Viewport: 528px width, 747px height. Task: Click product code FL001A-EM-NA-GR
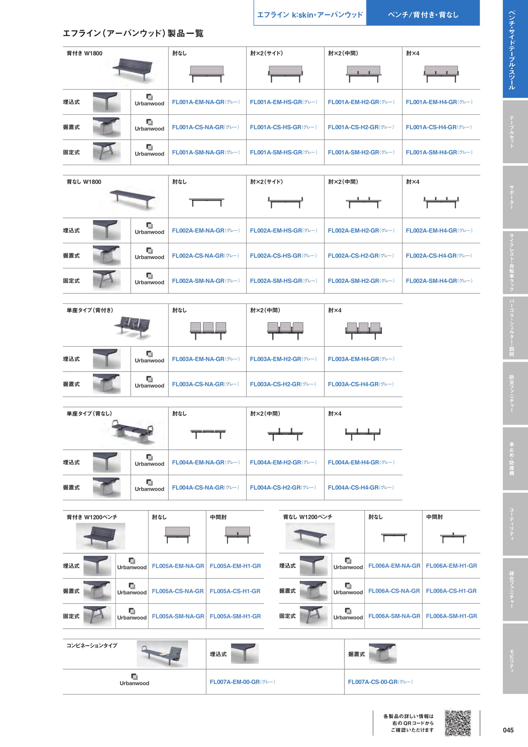pyautogui.click(x=198, y=102)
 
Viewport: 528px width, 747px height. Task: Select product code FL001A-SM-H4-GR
pyautogui.click(x=431, y=153)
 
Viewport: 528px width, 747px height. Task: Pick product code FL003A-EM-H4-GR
pyautogui.click(x=353, y=359)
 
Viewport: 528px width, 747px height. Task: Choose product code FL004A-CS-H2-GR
pyautogui.click(x=275, y=487)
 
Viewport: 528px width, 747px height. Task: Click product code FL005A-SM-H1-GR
pyautogui.click(x=235, y=616)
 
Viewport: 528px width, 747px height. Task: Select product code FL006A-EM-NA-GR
pyautogui.click(x=394, y=566)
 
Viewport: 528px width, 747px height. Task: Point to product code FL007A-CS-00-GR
pyautogui.click(x=372, y=682)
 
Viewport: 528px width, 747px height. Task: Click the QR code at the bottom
pyautogui.click(x=458, y=723)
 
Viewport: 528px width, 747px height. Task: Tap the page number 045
pyautogui.click(x=508, y=730)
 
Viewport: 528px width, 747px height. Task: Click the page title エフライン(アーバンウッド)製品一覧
pyautogui.click(x=133, y=33)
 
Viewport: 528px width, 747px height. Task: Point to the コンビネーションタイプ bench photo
pyautogui.click(x=162, y=654)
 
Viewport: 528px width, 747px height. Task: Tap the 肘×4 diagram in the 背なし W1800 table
pyautogui.click(x=441, y=202)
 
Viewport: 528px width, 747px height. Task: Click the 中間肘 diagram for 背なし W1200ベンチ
pyautogui.click(x=453, y=537)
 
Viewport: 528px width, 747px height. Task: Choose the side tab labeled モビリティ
pyautogui.click(x=515, y=658)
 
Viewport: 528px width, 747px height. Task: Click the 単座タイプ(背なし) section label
pyautogui.click(x=89, y=414)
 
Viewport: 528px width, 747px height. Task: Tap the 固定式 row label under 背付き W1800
pyautogui.click(x=71, y=153)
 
